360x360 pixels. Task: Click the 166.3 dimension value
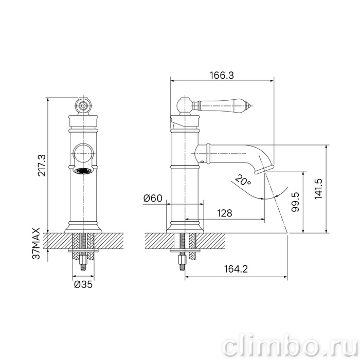[222, 75]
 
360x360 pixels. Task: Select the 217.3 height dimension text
[42, 166]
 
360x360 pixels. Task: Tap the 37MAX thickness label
[36, 243]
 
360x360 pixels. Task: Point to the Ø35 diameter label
[83, 284]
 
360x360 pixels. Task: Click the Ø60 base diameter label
[153, 198]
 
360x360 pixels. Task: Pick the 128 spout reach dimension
[225, 213]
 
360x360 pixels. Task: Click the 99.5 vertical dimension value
[295, 202]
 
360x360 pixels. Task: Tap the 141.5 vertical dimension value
[318, 189]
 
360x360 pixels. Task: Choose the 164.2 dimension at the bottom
[236, 269]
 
